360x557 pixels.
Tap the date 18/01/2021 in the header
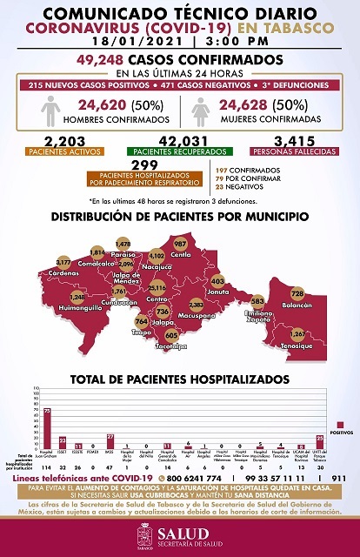point(135,40)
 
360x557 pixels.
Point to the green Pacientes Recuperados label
point(179,152)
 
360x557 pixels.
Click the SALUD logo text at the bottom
point(187,536)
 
